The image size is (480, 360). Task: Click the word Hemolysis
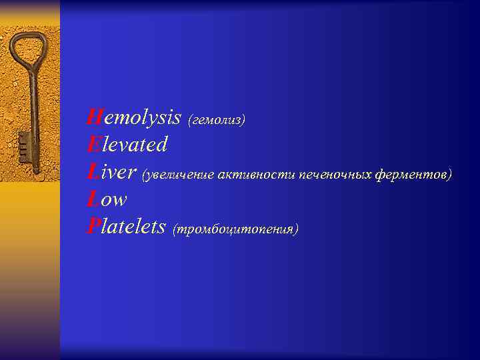[x=134, y=119]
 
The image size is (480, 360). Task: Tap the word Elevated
[x=127, y=144]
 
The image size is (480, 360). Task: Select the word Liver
[x=112, y=173]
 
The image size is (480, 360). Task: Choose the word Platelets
[x=127, y=227]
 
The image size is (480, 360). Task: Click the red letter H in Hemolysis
[x=93, y=118]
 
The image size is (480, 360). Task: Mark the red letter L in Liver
[x=92, y=173]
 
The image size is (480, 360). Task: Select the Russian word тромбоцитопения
[x=235, y=229]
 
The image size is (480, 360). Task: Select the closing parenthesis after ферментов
[x=450, y=175]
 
